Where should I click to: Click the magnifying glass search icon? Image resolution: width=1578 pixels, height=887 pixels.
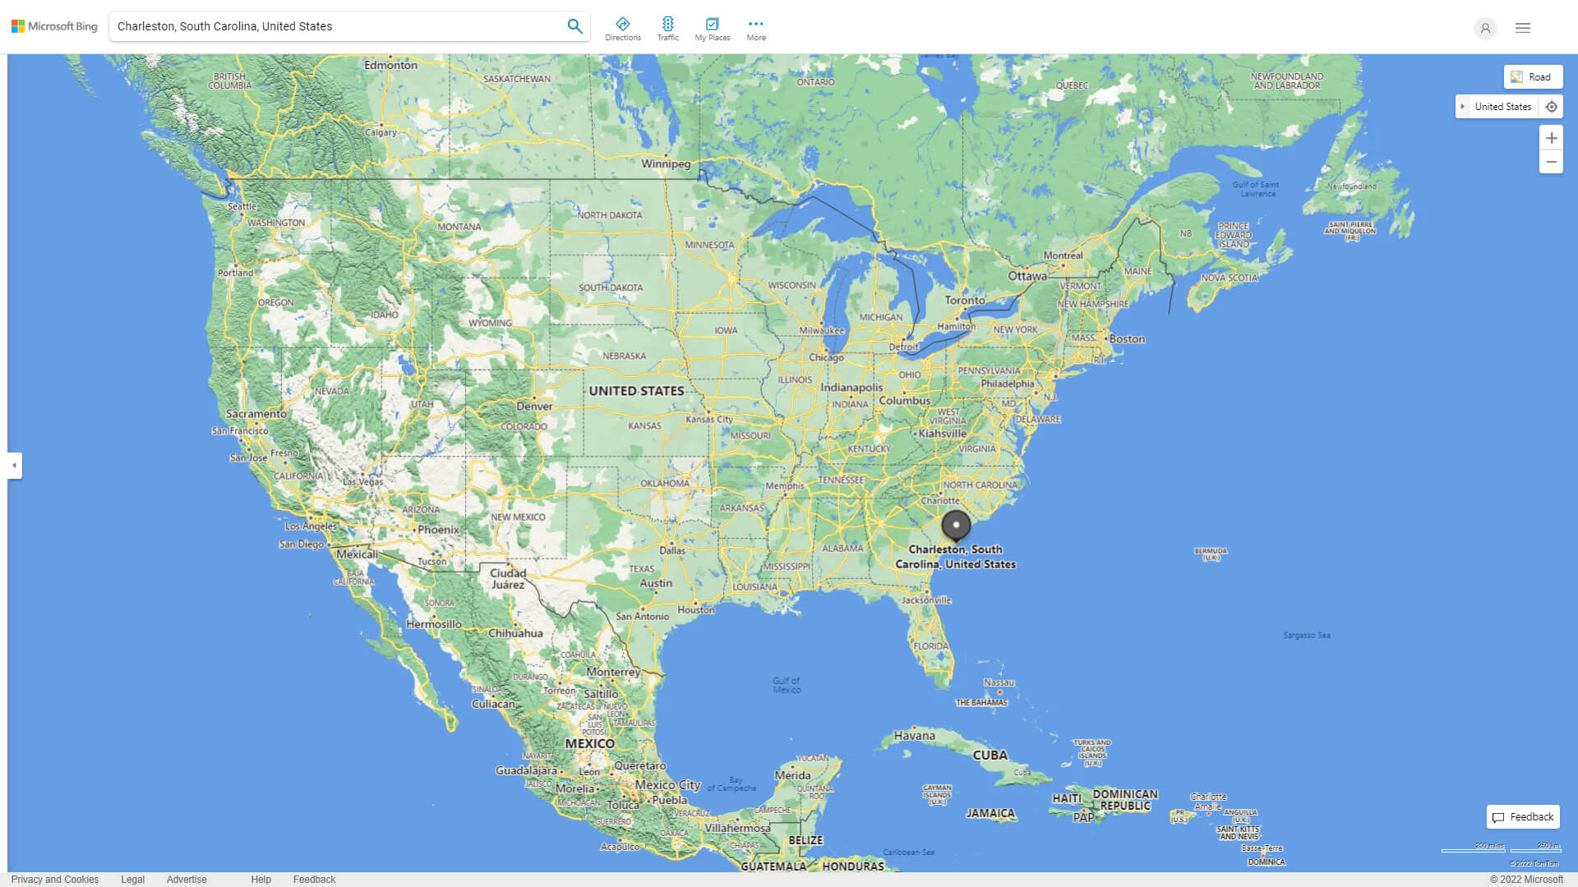574,26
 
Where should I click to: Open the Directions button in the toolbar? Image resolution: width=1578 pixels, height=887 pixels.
622,29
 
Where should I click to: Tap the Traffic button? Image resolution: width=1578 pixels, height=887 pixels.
667,29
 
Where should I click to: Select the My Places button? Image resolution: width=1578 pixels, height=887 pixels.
712,29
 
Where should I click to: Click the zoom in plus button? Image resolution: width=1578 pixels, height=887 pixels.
1551,138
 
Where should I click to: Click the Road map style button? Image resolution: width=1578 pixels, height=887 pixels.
1533,77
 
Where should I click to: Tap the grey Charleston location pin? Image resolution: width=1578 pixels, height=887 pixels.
956,525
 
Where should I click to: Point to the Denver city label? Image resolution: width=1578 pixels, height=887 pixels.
534,407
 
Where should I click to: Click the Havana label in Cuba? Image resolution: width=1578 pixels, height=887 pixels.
914,736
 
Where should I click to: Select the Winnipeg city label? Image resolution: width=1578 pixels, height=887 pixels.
666,163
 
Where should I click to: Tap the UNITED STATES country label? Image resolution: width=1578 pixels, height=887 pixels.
636,391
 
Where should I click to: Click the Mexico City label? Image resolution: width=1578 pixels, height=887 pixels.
667,785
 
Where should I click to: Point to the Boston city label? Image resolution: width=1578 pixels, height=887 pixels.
1127,339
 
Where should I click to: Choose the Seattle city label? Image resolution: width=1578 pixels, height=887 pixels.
242,206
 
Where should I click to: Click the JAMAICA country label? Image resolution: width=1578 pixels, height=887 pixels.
990,813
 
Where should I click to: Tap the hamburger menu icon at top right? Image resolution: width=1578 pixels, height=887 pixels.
1522,28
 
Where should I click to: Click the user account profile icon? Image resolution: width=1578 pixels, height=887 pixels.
1484,28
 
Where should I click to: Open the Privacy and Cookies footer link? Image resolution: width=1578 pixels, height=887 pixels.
54,879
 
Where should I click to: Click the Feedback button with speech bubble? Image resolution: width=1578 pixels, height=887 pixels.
1523,817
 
